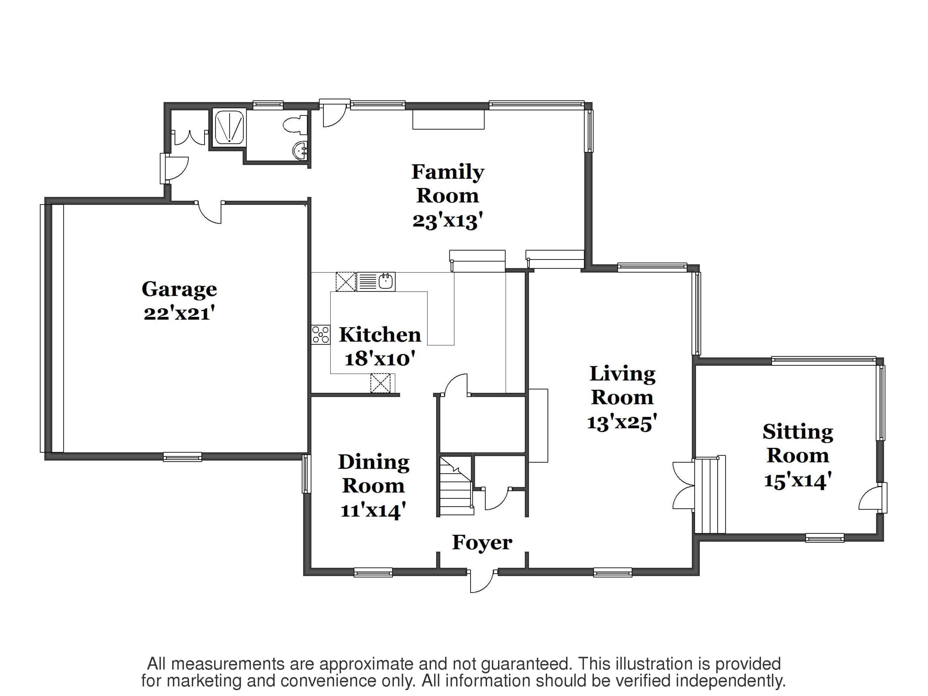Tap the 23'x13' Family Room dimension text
447,221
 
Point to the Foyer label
482,543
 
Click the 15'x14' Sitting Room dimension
797,480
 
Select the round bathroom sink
300,150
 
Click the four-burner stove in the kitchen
320,335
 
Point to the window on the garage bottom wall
182,457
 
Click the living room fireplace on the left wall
538,425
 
